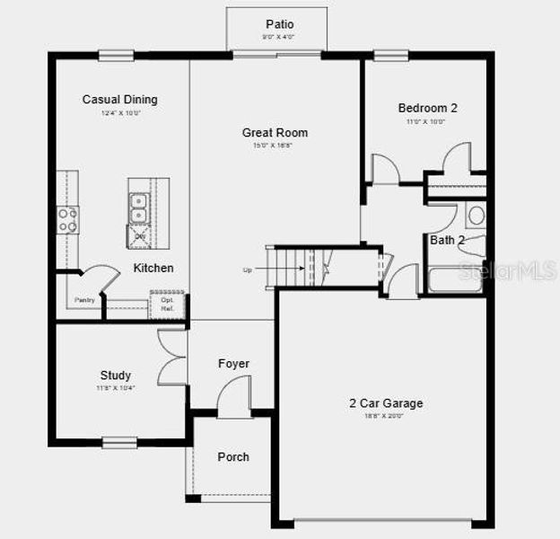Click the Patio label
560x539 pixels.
[x=279, y=23]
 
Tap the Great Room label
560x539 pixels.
[x=275, y=133]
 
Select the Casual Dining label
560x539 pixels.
[x=119, y=100]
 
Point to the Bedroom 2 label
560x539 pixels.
[x=427, y=108]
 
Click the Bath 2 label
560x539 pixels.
[x=447, y=241]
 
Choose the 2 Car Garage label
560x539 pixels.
[x=386, y=403]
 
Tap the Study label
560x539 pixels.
[x=115, y=376]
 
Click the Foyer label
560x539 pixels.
[x=233, y=364]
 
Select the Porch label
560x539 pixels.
[x=233, y=457]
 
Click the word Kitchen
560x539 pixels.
[x=153, y=268]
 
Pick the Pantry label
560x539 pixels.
[x=84, y=300]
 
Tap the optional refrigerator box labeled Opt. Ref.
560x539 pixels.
[x=167, y=305]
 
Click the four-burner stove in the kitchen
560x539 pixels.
[x=68, y=219]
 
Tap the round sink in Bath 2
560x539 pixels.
[x=476, y=216]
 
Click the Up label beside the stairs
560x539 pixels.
[x=248, y=269]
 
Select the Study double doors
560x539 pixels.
[x=172, y=357]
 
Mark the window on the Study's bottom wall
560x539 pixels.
[x=118, y=441]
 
